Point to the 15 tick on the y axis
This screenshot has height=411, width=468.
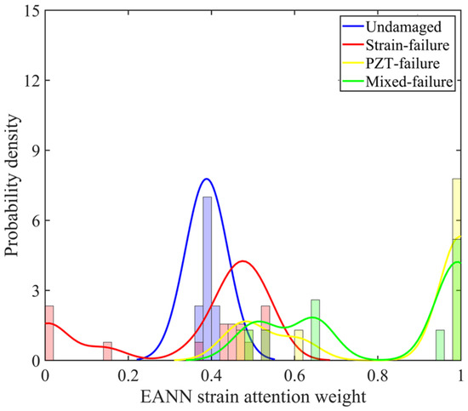[x=31, y=11]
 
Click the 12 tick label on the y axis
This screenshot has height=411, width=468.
[x=31, y=81]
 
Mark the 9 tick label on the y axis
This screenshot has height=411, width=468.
[x=36, y=151]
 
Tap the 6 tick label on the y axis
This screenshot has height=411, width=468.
[x=36, y=220]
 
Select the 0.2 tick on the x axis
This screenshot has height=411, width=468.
[x=128, y=376]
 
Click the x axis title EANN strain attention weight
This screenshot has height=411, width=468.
[x=253, y=397]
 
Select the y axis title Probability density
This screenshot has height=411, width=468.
[x=12, y=186]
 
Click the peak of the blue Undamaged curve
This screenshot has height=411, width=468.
[x=206, y=179]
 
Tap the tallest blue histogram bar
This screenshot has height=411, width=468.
[x=207, y=278]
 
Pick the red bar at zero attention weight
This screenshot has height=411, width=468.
[x=49, y=333]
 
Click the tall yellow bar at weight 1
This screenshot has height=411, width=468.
[x=457, y=270]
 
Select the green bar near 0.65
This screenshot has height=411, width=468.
[x=315, y=330]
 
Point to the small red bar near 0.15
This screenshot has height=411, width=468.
[x=107, y=351]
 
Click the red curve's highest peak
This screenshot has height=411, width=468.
[x=243, y=261]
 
